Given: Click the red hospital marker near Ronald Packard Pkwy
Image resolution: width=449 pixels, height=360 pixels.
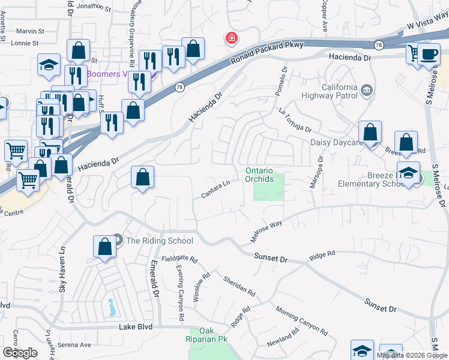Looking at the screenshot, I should [x=231, y=38].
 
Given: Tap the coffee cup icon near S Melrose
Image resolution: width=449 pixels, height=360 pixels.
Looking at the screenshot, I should [x=429, y=53].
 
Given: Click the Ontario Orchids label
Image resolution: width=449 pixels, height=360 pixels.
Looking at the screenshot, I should [x=259, y=175].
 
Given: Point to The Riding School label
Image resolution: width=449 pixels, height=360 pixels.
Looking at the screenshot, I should [x=159, y=241].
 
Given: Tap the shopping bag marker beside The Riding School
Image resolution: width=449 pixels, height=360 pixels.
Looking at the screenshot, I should [x=104, y=247].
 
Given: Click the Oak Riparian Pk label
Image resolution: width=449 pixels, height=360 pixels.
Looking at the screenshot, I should [x=206, y=335].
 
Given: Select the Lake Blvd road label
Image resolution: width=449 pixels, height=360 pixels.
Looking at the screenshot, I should [x=136, y=327].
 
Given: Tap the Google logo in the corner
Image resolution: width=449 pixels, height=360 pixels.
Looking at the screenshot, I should [x=20, y=352].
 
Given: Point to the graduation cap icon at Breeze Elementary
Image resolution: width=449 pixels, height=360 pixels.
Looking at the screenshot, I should [x=408, y=173].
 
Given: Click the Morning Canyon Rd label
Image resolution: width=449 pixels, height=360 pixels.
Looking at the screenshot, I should [x=302, y=321].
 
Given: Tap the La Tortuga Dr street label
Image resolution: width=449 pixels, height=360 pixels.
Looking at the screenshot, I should [x=295, y=120].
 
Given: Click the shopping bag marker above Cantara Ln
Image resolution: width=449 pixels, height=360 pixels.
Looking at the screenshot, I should [x=143, y=177].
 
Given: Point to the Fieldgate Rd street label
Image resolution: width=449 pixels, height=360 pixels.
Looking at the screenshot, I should [x=183, y=259].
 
